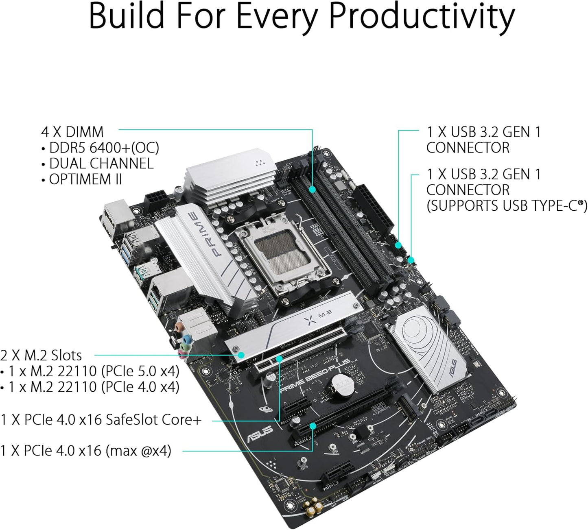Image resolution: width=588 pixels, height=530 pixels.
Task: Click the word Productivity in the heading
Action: pyautogui.click(x=422, y=17)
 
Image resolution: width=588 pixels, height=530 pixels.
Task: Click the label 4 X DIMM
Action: pyautogui.click(x=72, y=132)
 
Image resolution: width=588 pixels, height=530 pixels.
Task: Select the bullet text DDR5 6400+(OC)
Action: pyautogui.click(x=104, y=148)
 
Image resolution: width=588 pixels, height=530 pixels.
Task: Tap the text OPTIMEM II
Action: pyautogui.click(x=85, y=179)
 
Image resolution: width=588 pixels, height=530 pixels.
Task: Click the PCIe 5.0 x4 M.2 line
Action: pyautogui.click(x=94, y=371)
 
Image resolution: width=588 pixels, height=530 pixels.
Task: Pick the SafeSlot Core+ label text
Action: pyautogui.click(x=153, y=419)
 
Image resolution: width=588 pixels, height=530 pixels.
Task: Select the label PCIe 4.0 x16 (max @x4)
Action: pyautogui.click(x=86, y=451)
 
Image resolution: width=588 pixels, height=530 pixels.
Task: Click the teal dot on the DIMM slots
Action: pyautogui.click(x=312, y=189)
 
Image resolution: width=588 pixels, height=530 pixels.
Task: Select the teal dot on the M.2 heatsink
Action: pyautogui.click(x=241, y=355)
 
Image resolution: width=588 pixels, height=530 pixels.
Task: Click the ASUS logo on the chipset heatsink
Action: pyautogui.click(x=453, y=368)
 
